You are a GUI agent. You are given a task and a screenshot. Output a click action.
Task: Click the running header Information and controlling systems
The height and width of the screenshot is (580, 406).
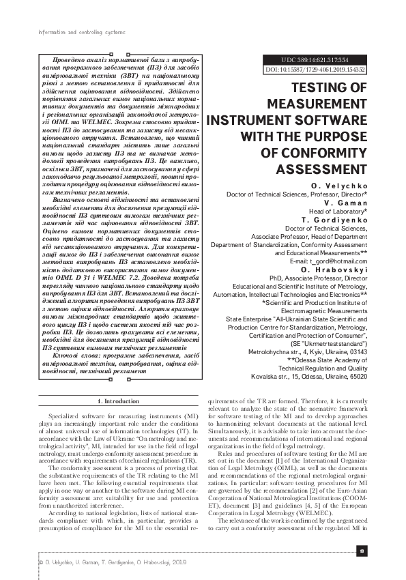coord(81,32)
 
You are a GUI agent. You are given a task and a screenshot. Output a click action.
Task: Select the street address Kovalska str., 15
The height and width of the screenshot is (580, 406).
coord(277,376)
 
